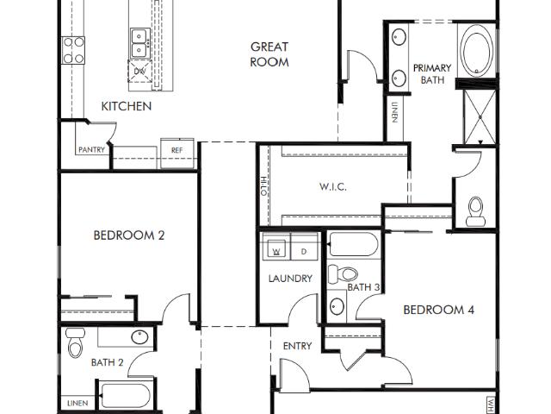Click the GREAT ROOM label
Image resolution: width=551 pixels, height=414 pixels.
pyautogui.click(x=269, y=54)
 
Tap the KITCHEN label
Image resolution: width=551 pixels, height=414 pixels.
pyautogui.click(x=127, y=106)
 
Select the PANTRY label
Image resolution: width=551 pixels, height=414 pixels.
pyautogui.click(x=92, y=149)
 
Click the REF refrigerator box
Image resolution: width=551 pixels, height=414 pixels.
pyautogui.click(x=177, y=153)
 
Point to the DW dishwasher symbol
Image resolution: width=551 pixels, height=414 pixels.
pyautogui.click(x=139, y=71)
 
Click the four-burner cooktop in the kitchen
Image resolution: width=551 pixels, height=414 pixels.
pyautogui.click(x=73, y=50)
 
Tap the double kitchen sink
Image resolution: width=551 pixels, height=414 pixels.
pyautogui.click(x=139, y=43)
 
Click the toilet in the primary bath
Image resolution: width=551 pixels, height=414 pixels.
pyautogui.click(x=476, y=211)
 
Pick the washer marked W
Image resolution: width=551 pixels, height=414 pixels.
pyautogui.click(x=276, y=248)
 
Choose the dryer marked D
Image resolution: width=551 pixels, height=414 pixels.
pyautogui.click(x=304, y=248)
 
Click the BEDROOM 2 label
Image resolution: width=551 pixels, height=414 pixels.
pyautogui.click(x=129, y=235)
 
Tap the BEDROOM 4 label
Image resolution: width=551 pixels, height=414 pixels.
pyautogui.click(x=439, y=310)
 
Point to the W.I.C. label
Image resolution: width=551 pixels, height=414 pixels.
pyautogui.click(x=333, y=186)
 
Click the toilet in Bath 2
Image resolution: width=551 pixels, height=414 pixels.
pyautogui.click(x=75, y=342)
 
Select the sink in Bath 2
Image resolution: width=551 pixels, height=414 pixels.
pyautogui.click(x=139, y=337)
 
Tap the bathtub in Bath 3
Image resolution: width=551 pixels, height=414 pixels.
pyautogui.click(x=354, y=244)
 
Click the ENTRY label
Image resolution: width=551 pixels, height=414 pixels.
pyautogui.click(x=297, y=346)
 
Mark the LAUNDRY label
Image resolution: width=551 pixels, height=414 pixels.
pyautogui.click(x=290, y=279)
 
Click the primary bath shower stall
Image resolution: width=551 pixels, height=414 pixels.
pyautogui.click(x=480, y=116)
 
